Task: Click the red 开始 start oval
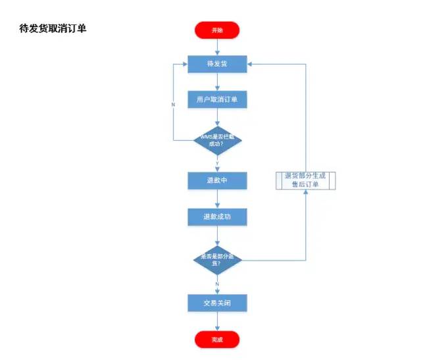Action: click(217, 30)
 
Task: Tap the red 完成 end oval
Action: click(217, 340)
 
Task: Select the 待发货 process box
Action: click(217, 64)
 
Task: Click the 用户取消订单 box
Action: click(217, 100)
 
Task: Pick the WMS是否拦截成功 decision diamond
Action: click(217, 140)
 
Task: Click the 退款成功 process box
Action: click(217, 217)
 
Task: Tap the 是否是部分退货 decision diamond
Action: click(217, 259)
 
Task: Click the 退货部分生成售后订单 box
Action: click(305, 180)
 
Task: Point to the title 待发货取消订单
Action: click(53, 30)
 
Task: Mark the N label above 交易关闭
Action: click(217, 284)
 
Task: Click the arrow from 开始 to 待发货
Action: click(217, 47)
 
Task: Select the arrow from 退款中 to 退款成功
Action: click(217, 198)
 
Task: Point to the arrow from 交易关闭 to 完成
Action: click(217, 321)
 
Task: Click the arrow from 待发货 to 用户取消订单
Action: click(217, 82)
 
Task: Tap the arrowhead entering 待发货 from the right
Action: click(250, 64)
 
